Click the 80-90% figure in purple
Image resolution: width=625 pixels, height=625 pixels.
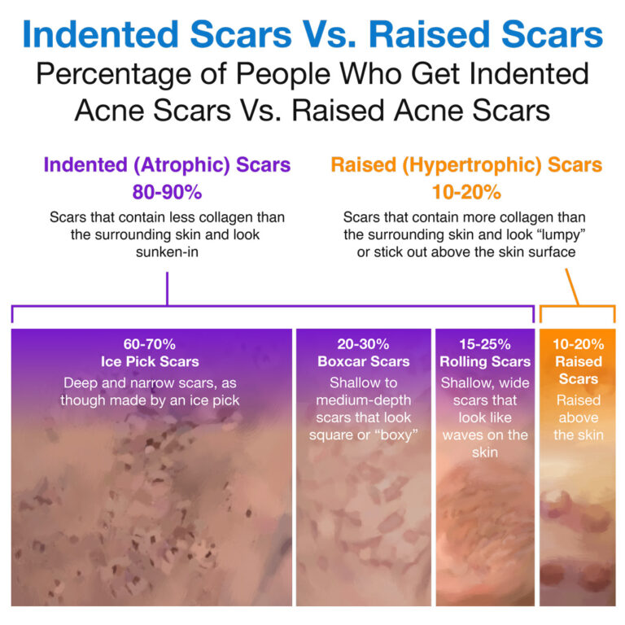tap(167, 193)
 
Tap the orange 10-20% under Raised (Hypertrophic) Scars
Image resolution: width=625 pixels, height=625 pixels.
tap(466, 193)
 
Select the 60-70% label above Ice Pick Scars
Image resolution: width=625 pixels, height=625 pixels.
tap(151, 344)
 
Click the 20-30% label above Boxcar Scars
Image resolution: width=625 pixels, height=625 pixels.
tap(362, 344)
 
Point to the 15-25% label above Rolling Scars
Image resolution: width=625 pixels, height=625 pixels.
tap(484, 344)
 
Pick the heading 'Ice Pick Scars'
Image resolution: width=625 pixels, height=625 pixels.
tap(151, 361)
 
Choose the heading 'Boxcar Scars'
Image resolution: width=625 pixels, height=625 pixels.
tap(362, 361)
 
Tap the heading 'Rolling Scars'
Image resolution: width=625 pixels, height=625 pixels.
tap(484, 361)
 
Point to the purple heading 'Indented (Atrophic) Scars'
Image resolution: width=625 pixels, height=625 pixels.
tap(167, 165)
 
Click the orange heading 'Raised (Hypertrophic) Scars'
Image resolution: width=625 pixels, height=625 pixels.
tap(466, 165)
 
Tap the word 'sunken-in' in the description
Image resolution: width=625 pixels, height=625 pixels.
tap(167, 251)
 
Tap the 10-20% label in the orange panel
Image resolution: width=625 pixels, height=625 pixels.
tap(578, 344)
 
